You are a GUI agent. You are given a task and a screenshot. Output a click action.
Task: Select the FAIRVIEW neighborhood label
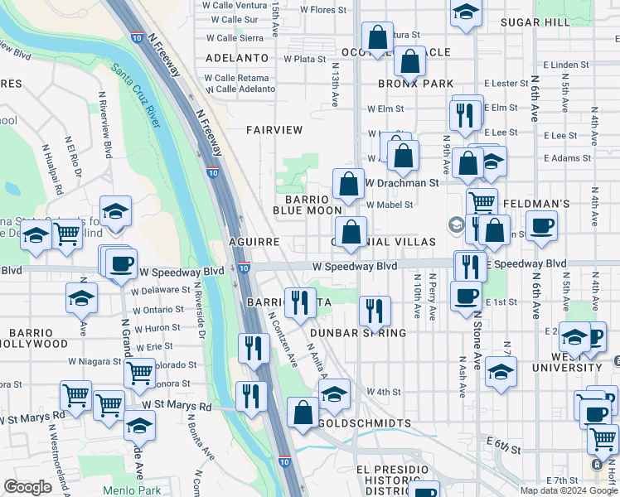pos(274,130)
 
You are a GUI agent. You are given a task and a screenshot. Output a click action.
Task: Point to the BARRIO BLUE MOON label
pos(308,205)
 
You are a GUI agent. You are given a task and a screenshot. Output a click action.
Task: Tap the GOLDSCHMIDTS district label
pos(365,423)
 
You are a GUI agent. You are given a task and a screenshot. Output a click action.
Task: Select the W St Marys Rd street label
pos(177,406)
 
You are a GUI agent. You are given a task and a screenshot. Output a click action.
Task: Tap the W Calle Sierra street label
pos(234,37)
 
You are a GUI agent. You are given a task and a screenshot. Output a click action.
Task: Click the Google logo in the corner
pos(27,487)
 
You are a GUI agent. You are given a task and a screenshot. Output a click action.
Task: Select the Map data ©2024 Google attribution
pos(569,490)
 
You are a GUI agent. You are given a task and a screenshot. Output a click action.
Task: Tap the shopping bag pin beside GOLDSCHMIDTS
pos(303,412)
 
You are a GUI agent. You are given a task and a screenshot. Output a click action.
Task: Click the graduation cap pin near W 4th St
pos(334,393)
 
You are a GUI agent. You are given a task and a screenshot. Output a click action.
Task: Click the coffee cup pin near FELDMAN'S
pos(541,225)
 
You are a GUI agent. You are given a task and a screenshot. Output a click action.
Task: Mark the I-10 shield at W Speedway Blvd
pos(244,268)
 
